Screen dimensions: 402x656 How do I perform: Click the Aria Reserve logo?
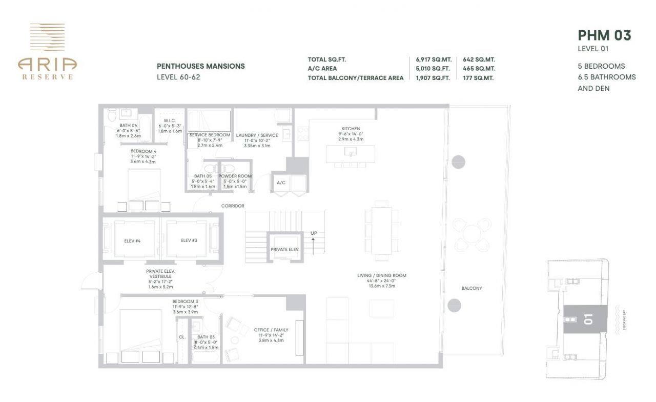[47, 51]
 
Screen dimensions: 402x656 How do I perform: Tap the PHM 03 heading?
[604, 35]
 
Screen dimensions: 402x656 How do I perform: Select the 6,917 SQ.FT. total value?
[433, 59]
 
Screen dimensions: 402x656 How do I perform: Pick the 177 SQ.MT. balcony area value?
[479, 78]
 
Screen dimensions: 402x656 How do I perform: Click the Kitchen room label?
[351, 129]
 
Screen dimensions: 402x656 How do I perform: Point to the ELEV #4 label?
[132, 240]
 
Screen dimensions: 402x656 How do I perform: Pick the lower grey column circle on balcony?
[454, 306]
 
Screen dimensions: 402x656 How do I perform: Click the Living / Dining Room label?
[381, 276]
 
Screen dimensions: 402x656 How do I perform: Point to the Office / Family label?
[271, 330]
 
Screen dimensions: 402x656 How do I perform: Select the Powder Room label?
[235, 176]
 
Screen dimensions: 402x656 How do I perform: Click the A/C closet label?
[281, 183]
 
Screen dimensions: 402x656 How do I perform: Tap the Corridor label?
[233, 206]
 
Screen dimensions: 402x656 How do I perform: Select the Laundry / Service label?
[257, 135]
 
